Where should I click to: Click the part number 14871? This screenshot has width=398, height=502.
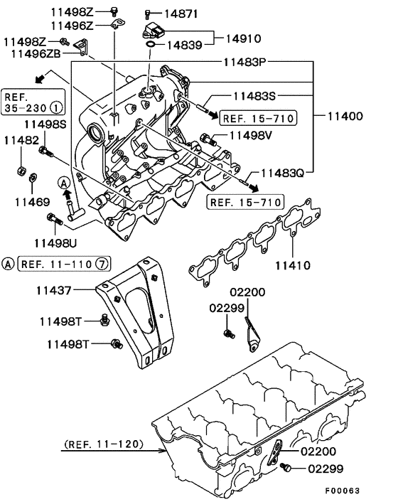click(181, 14)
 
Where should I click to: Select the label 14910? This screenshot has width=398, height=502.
click(244, 38)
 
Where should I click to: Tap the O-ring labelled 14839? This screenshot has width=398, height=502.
click(151, 44)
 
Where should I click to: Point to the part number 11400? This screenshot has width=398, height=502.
click(345, 116)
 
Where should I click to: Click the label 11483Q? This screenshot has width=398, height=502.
click(282, 173)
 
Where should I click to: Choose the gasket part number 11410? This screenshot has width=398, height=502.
click(293, 265)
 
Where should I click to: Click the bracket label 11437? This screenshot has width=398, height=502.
click(53, 290)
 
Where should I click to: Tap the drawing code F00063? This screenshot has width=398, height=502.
click(343, 491)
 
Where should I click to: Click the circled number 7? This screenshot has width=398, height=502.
click(102, 264)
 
